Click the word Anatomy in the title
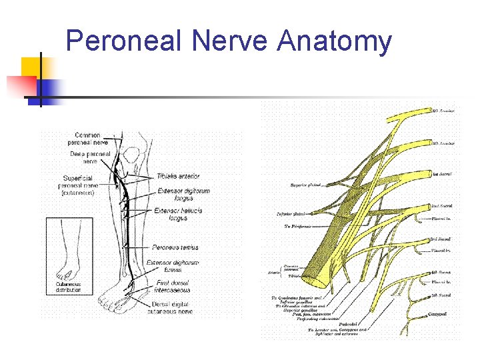(x=335, y=41)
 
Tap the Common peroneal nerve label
(x=87, y=139)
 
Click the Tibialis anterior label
(x=178, y=177)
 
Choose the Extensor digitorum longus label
(x=184, y=194)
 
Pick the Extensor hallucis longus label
(x=178, y=214)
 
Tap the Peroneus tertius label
(x=175, y=247)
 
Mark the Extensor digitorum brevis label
(x=173, y=266)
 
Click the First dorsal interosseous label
(x=173, y=286)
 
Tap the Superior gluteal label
(x=306, y=185)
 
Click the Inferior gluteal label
(x=290, y=214)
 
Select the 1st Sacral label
(x=441, y=173)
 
